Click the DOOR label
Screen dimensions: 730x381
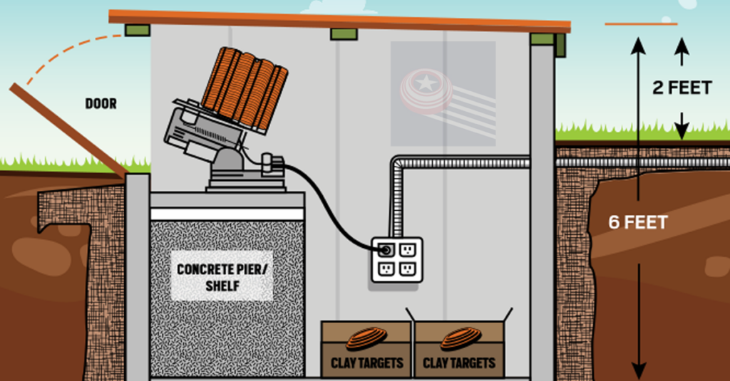tap(101, 103)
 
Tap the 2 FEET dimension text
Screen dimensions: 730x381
tap(682, 88)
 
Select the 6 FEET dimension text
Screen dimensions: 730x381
tap(638, 222)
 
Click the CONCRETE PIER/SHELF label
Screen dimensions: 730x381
tap(222, 277)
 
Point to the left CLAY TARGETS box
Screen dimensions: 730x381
tap(366, 350)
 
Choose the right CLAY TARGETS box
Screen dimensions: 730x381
tap(459, 350)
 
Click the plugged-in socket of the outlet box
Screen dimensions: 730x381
tap(386, 250)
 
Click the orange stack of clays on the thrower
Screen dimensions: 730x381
tap(245, 88)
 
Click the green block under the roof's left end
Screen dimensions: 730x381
tap(138, 30)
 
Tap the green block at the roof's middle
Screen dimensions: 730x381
tap(344, 34)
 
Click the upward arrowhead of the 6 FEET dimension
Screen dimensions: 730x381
tap(638, 46)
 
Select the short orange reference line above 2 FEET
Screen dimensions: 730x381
tap(641, 24)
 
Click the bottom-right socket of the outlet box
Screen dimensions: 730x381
tap(407, 269)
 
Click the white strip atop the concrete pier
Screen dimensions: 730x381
tap(227, 214)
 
